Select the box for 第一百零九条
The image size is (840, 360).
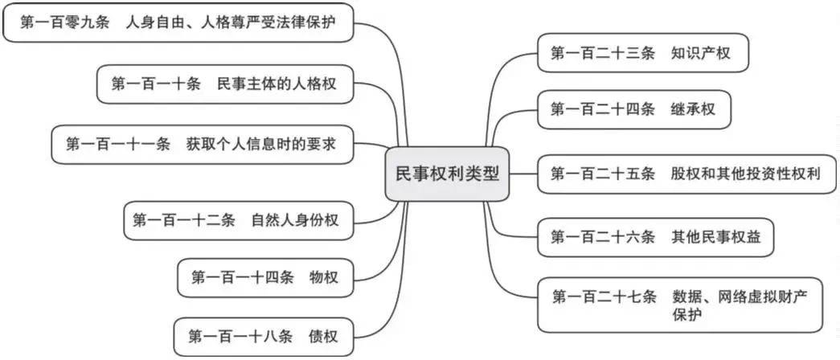(178, 23)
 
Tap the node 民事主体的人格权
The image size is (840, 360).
(224, 84)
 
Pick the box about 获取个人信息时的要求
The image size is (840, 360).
(201, 144)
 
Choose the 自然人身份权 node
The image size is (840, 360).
(238, 219)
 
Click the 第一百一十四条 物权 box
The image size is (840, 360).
(264, 277)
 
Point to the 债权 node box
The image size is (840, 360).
(263, 337)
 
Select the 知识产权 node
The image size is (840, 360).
(643, 53)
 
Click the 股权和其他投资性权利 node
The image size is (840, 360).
(685, 173)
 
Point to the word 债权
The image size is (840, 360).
(322, 337)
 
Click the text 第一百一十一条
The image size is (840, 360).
(118, 144)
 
